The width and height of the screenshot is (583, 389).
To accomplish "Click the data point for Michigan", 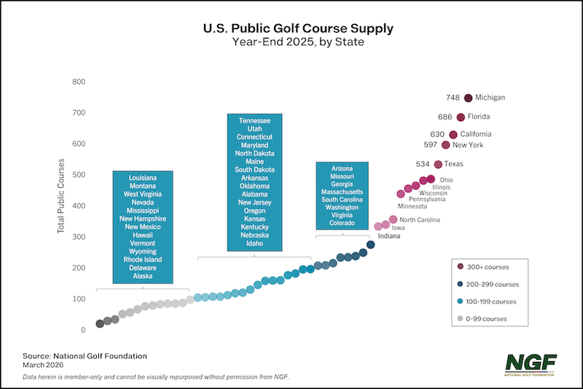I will pos(469,98).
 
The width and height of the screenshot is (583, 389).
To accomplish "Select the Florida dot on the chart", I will pos(461,117).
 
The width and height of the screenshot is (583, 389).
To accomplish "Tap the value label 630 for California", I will pos(437,134).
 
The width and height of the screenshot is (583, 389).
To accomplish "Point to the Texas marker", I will pos(439,164).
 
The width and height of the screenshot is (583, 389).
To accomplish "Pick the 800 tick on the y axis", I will pos(78,81).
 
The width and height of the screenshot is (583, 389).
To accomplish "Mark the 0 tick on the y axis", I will pos(83,330).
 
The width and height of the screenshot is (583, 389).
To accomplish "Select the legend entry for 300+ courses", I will pos(489,267).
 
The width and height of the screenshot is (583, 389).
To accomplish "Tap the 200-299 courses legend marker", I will pos(461,284).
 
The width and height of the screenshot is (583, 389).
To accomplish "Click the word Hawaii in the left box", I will pos(143,235).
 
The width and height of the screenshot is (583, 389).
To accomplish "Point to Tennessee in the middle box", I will pos(254,120).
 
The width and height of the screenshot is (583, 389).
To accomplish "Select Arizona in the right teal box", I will pos(342,168).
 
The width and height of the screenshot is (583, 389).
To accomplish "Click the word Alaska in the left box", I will pos(143,276).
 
